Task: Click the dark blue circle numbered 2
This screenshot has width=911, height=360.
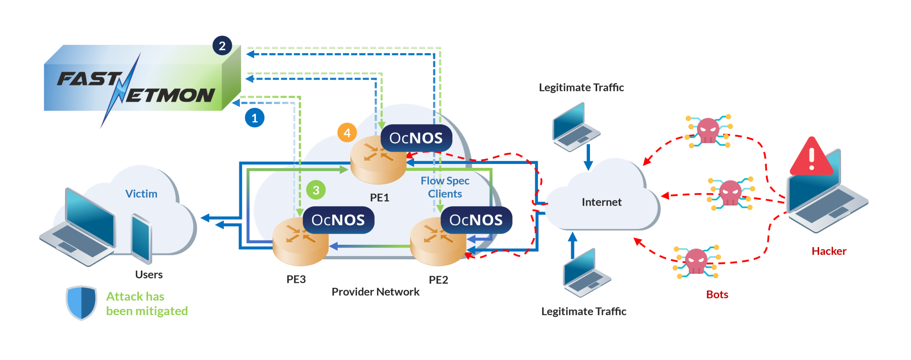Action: pos(222,46)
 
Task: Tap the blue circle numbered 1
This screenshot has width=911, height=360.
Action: pos(254,118)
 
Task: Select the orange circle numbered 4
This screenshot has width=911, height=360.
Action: pos(347,133)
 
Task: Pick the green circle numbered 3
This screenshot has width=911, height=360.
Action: pos(316,190)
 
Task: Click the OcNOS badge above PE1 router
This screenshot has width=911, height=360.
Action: pos(416,138)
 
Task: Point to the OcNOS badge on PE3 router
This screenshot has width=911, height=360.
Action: pos(338,220)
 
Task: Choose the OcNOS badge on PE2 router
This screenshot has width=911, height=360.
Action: pos(476,220)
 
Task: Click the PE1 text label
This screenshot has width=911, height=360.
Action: pos(379,197)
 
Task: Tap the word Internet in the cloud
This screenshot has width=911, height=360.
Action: pos(601,202)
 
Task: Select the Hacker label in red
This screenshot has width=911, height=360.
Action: pos(828,251)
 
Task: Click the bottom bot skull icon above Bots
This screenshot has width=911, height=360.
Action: pos(696,261)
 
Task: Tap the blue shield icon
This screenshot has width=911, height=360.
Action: pos(81,302)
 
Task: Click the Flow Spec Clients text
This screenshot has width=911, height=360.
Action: pos(445,187)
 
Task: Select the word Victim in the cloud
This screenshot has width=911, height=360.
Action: pos(141,194)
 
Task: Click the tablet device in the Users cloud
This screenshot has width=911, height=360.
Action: pos(141,238)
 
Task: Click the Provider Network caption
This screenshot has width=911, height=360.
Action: pos(375,292)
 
